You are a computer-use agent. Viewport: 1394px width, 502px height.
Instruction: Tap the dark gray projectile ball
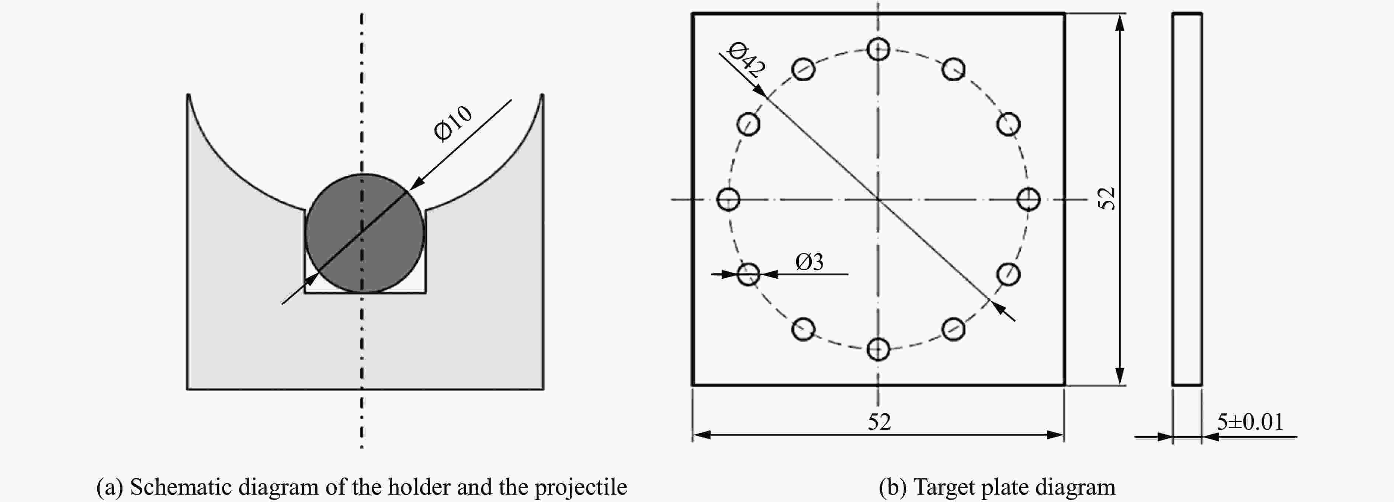pos(364,233)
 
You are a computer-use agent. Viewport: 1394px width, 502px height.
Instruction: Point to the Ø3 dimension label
pos(809,262)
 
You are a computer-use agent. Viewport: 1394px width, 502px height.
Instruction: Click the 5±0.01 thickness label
pos(1250,422)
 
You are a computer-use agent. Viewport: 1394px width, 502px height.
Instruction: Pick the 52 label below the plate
pos(879,422)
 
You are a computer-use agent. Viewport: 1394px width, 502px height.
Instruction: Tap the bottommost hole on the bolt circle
pos(878,349)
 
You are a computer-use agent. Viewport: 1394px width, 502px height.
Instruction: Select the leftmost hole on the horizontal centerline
pos(728,199)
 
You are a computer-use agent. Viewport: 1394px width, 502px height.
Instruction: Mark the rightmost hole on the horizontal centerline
pos(1028,199)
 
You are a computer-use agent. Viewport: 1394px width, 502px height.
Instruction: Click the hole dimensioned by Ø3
pos(748,274)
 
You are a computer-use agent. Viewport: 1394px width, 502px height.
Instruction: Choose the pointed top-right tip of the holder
pos(542,95)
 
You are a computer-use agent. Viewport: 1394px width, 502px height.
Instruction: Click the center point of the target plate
pos(878,199)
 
